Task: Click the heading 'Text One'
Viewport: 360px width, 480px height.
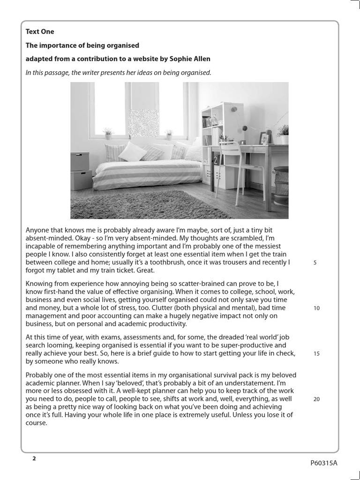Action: tap(40, 32)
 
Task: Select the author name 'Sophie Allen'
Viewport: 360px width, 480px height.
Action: tap(191, 59)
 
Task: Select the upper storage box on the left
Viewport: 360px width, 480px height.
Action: tap(80, 161)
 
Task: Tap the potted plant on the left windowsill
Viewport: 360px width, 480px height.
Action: tap(108, 133)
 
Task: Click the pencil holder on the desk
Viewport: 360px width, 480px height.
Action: tap(224, 139)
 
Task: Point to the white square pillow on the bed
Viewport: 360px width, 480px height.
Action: tap(132, 152)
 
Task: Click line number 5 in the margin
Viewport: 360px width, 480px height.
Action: tap(315, 262)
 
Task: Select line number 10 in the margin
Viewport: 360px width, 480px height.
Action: tap(316, 308)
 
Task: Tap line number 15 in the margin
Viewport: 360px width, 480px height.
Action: tap(316, 354)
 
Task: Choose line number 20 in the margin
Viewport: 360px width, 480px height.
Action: tap(316, 399)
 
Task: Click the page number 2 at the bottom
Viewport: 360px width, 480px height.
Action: tap(34, 458)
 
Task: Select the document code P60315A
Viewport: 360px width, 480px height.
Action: tap(323, 463)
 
